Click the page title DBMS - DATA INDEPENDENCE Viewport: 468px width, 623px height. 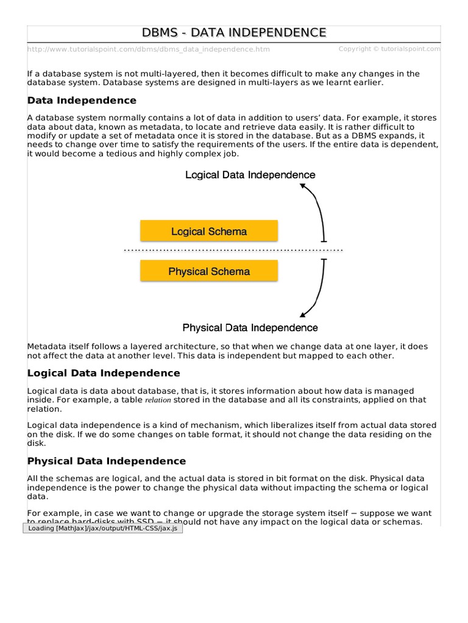point(234,33)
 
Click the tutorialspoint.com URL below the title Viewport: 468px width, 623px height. point(149,49)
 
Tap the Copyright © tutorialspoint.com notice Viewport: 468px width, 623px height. point(389,49)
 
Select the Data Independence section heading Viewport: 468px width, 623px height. point(82,100)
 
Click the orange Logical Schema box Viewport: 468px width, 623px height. point(209,231)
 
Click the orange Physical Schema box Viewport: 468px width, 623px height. point(209,271)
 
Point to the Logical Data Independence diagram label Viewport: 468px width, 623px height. point(250,175)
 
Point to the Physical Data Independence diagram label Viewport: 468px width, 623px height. point(250,327)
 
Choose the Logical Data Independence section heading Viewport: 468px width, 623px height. point(104,373)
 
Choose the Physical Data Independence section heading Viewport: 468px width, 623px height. point(107,461)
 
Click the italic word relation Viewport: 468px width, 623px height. point(158,400)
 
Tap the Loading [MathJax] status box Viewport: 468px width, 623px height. point(102,528)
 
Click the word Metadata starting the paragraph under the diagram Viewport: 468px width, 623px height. point(47,346)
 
